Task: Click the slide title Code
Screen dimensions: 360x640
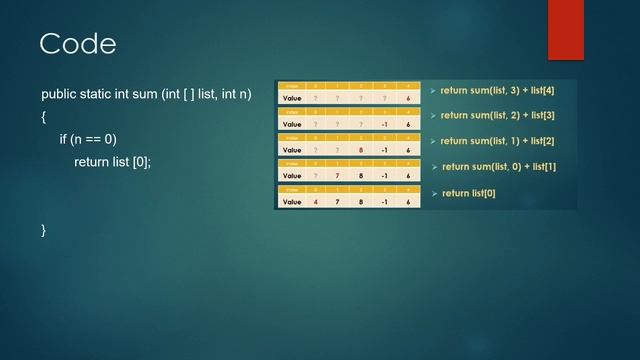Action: [x=77, y=44]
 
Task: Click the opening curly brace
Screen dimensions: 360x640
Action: [x=44, y=117]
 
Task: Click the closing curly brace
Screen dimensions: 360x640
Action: [x=44, y=230]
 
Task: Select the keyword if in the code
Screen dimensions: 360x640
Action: [x=64, y=139]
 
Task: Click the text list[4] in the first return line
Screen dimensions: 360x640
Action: [x=537, y=91]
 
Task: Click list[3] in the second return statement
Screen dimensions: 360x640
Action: [x=537, y=116]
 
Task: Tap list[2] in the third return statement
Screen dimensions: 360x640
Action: [x=537, y=141]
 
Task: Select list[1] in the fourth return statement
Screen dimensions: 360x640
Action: [x=538, y=167]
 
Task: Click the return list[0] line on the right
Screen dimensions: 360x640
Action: [x=468, y=193]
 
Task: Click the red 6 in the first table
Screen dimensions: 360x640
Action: [x=408, y=99]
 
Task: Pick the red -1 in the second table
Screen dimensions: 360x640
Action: [x=384, y=124]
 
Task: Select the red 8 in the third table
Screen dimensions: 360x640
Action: [x=361, y=150]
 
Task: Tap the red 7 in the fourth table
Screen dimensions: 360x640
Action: [x=338, y=176]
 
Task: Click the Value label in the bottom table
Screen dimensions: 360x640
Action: [x=292, y=202]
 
